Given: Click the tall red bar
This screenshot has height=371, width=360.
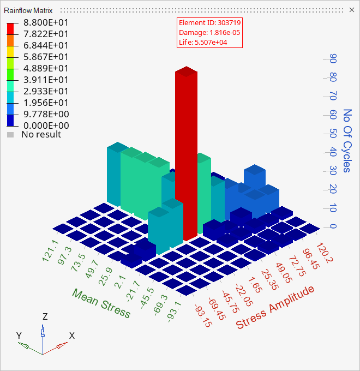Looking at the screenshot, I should (x=185, y=153).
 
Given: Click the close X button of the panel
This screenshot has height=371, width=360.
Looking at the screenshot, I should (x=351, y=10).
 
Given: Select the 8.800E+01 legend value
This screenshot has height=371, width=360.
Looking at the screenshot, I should (x=44, y=23).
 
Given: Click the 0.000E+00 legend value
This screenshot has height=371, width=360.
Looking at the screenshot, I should (x=44, y=125).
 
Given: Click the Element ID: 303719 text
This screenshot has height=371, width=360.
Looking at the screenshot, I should (x=210, y=23).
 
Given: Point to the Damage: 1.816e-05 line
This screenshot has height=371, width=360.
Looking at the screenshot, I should (x=210, y=33).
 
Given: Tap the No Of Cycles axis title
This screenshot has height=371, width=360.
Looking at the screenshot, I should (x=347, y=141).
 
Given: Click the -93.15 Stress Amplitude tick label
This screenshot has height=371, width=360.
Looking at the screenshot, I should (x=202, y=316).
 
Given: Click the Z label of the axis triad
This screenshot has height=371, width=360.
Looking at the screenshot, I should (x=45, y=316).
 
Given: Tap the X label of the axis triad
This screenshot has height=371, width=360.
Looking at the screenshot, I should (x=71, y=336).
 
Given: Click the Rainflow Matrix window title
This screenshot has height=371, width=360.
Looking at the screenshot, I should (x=28, y=10).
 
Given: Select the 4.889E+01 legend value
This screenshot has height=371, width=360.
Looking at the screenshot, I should (x=44, y=68).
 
